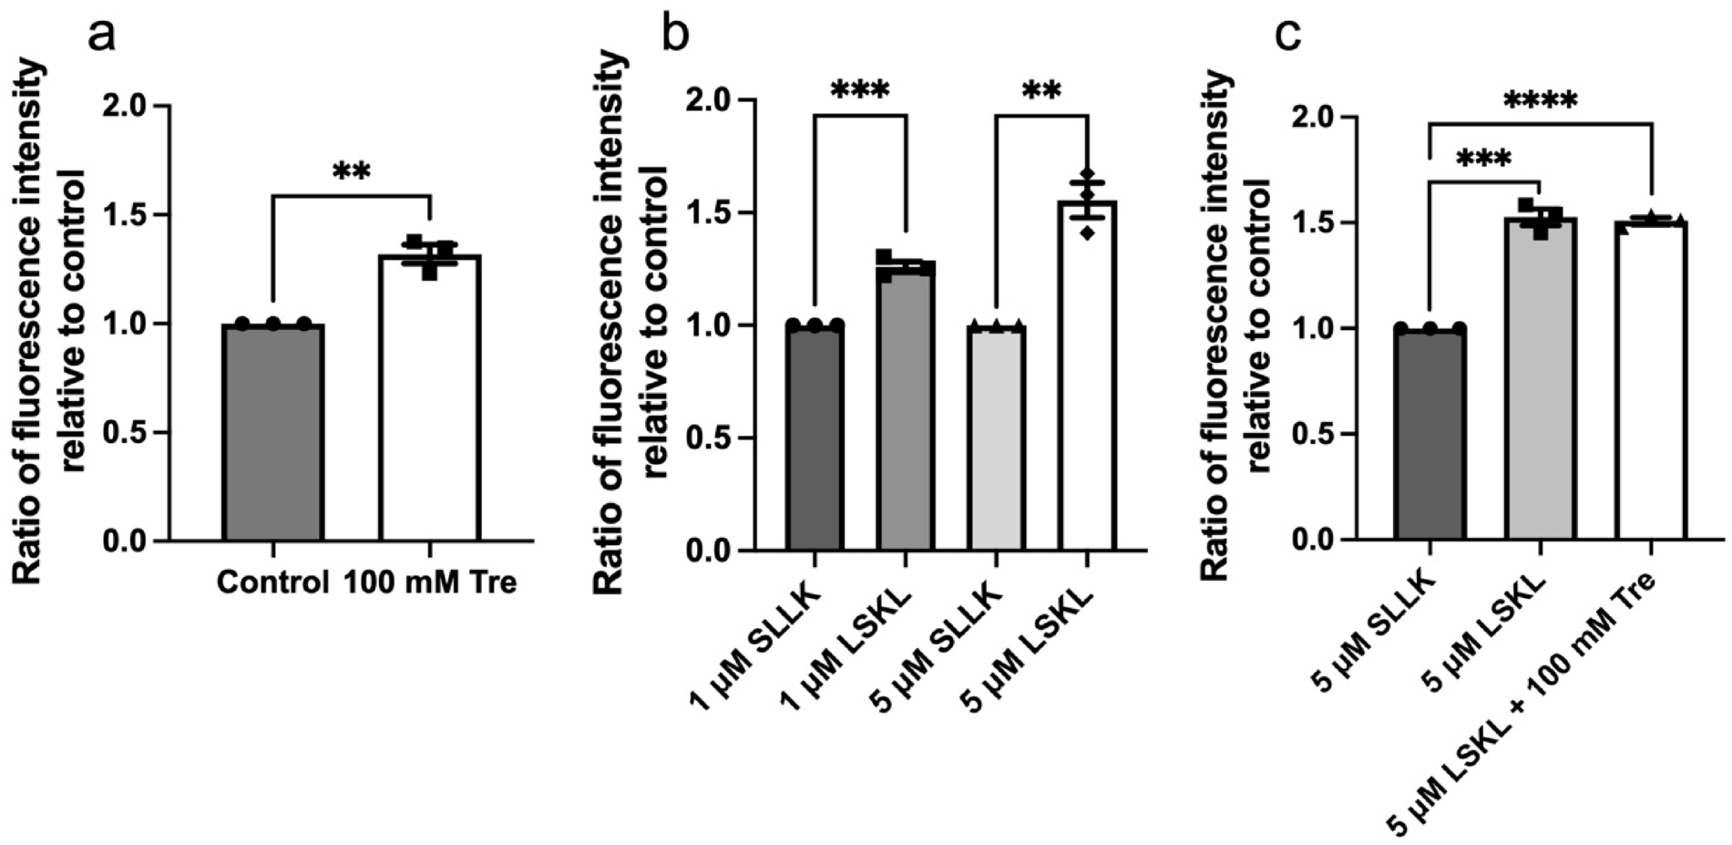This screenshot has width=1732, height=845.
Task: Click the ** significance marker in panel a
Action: click(351, 172)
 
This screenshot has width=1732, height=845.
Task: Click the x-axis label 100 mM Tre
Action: click(430, 582)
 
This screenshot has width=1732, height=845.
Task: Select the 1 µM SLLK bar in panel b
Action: click(815, 438)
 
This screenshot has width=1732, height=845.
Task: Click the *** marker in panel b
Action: click(859, 92)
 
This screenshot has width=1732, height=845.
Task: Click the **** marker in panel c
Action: click(1540, 101)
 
